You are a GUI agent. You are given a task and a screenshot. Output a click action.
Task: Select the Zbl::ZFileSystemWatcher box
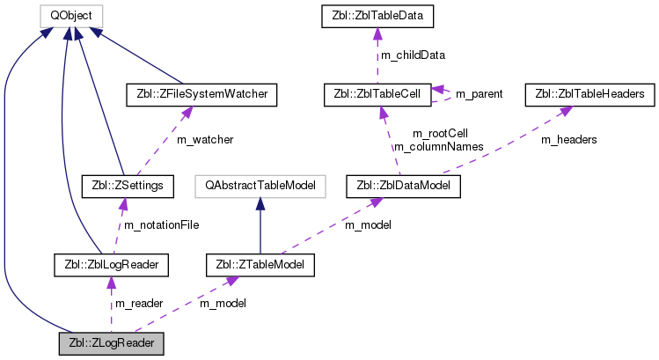click(x=202, y=92)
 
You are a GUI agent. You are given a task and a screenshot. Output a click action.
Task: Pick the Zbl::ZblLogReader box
click(x=111, y=262)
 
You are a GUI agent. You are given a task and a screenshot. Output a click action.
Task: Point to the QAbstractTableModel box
click(x=260, y=186)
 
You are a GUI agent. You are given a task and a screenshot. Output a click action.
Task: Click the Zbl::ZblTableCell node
click(x=377, y=92)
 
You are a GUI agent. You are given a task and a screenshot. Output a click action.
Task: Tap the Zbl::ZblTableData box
click(x=377, y=15)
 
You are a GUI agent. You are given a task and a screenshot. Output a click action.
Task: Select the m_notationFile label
click(x=161, y=224)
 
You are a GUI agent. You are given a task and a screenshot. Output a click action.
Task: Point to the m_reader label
click(x=139, y=303)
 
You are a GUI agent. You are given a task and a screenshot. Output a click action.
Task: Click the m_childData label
click(x=414, y=55)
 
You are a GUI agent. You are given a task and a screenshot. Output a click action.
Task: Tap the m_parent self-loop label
click(x=479, y=93)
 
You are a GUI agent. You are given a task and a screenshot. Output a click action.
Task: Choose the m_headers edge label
click(x=568, y=139)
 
